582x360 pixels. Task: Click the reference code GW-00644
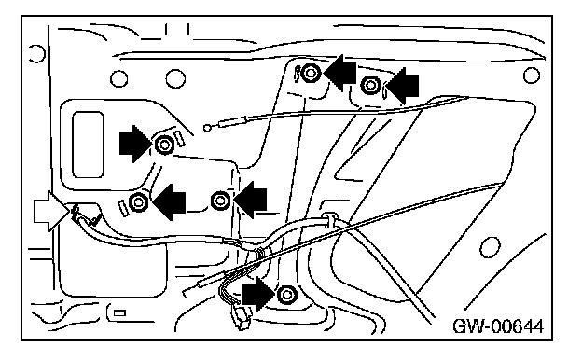[x=498, y=326]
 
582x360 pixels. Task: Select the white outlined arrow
[x=51, y=211]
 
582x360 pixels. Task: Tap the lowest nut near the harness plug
[x=286, y=295]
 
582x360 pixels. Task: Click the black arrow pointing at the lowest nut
[x=259, y=294]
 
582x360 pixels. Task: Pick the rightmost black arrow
[x=402, y=86]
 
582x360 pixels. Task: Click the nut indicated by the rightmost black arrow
[x=370, y=85]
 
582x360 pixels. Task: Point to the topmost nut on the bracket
[x=311, y=73]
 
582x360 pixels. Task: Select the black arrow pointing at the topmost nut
[x=340, y=73]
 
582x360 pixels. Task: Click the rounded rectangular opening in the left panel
[x=88, y=145]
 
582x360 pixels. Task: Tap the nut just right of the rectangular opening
[x=164, y=145]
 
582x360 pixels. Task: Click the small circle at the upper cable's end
[x=207, y=128]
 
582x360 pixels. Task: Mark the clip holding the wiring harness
[x=329, y=220]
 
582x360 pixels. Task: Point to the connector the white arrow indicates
[x=80, y=215]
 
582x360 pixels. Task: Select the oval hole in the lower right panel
[x=490, y=247]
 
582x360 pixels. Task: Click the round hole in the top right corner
[x=531, y=76]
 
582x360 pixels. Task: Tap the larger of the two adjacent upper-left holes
[x=175, y=78]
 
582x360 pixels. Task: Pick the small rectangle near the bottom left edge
[x=119, y=312]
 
